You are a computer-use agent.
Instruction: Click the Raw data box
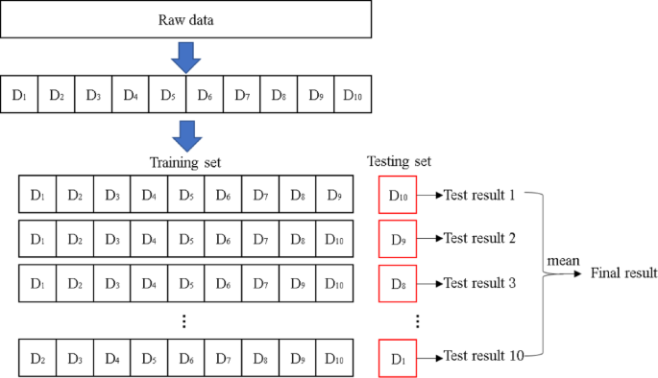[187, 19]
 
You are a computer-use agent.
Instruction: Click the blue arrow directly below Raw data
[187, 59]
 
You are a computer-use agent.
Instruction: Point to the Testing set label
[400, 162]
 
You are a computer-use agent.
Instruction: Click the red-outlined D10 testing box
[399, 196]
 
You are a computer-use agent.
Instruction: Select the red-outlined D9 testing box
[399, 239]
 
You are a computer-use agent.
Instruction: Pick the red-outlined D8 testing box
[399, 284]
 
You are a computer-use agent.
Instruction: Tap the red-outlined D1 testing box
[399, 358]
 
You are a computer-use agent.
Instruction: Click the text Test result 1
[479, 196]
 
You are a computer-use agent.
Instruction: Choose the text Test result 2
[479, 239]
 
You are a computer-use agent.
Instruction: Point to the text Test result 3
[479, 284]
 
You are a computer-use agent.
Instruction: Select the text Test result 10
[483, 357]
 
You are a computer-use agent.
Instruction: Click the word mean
[562, 260]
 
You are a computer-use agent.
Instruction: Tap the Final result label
[621, 273]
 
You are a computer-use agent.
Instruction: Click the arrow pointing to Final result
[569, 273]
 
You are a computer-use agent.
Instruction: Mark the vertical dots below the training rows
[185, 321]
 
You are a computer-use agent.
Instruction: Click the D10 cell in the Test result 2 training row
[333, 239]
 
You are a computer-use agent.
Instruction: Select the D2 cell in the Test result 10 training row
[37, 358]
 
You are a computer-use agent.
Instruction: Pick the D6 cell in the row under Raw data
[205, 95]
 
